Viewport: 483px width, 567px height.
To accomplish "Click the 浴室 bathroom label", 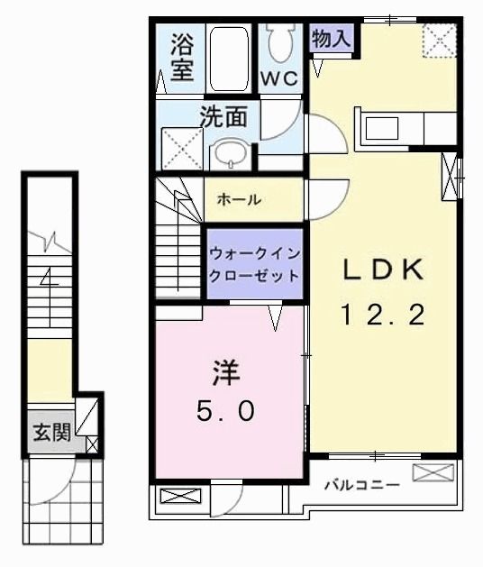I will pyautogui.click(x=182, y=59).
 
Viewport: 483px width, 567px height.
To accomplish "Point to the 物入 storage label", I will pyautogui.click(x=331, y=38).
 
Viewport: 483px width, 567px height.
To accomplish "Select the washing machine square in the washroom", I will pyautogui.click(x=182, y=149).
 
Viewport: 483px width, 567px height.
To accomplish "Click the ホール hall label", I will pyautogui.click(x=239, y=199).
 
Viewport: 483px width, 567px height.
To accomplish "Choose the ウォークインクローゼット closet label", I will pyautogui.click(x=253, y=261).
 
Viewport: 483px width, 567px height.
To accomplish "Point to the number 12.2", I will pyautogui.click(x=382, y=316).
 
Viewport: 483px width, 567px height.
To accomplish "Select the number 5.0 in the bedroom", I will pyautogui.click(x=225, y=411).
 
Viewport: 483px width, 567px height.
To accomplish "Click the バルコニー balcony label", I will pyautogui.click(x=361, y=485).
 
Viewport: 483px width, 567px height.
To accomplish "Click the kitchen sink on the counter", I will pyautogui.click(x=381, y=128).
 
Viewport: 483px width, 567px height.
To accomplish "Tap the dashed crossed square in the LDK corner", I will pyautogui.click(x=440, y=41).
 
